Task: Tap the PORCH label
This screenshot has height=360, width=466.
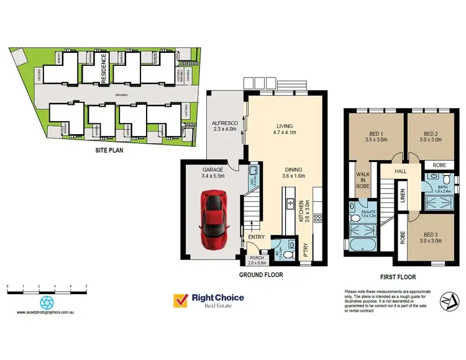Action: pos(257,260)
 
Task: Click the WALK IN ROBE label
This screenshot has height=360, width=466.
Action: pos(363,181)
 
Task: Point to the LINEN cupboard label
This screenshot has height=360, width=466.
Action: pos(403,196)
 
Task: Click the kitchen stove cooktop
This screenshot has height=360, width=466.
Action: pos(318,218)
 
